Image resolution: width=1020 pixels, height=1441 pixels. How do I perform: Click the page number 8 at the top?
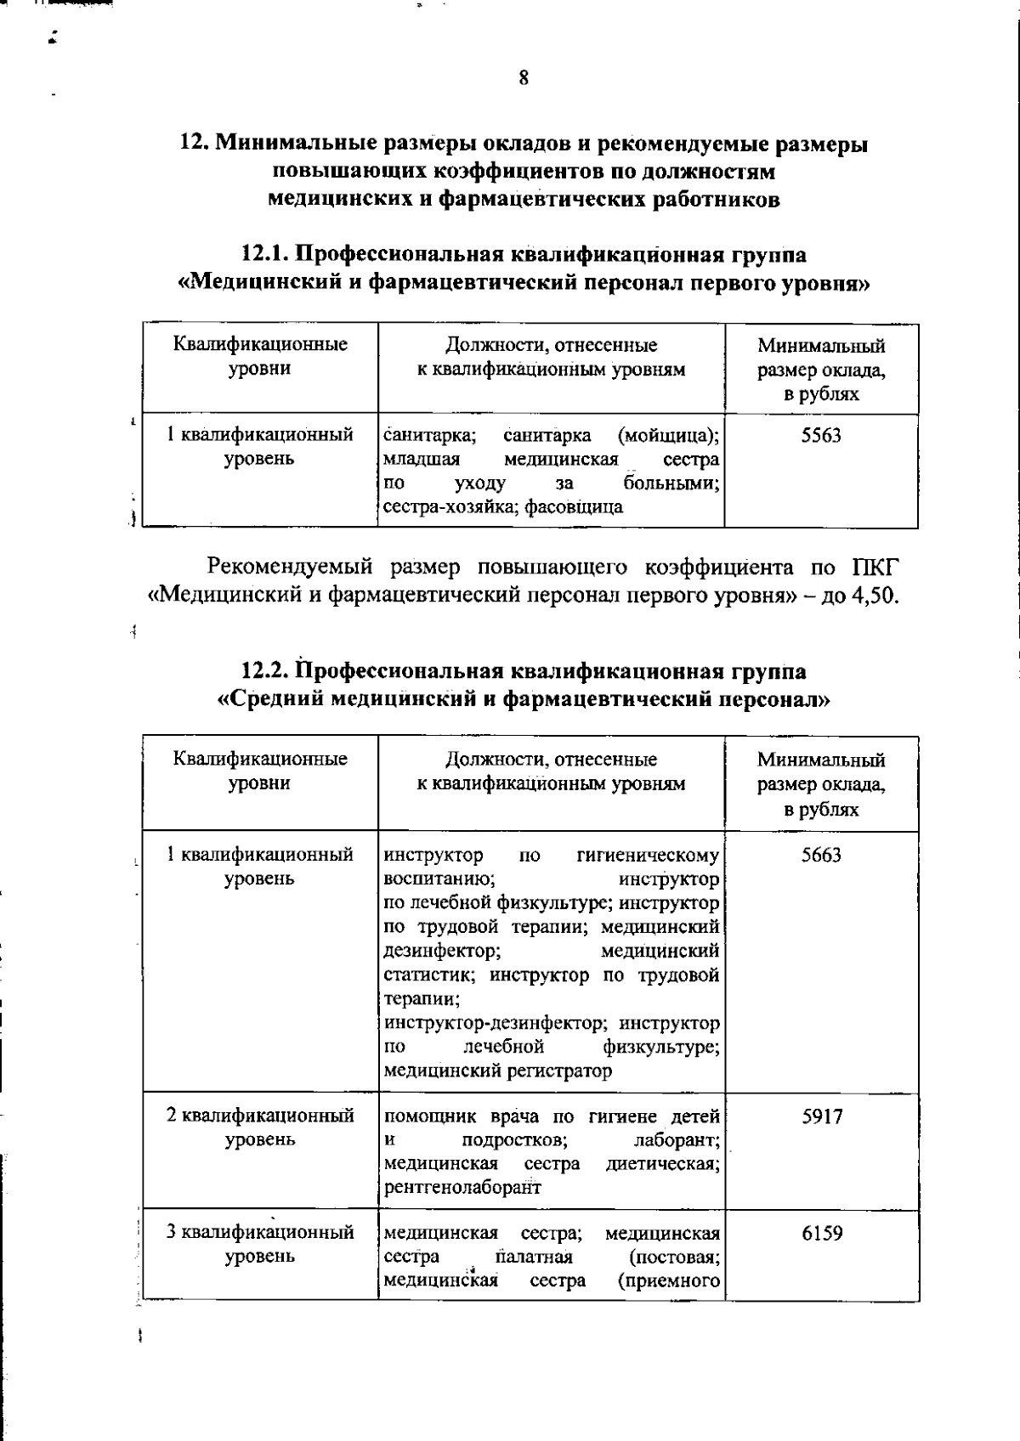coord(524,79)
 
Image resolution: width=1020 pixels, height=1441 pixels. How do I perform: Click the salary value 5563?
coord(821,436)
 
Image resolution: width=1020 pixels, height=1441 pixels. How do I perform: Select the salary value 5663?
coord(821,855)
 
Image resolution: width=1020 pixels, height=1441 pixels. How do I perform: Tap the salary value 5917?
coord(822,1116)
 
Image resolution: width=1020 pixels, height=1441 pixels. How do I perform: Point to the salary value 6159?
coord(822,1233)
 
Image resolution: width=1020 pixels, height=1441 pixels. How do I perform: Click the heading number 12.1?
coord(266,254)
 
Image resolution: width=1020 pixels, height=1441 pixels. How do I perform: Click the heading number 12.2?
coord(266,670)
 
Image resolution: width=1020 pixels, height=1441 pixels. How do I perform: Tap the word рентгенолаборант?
coord(462,1187)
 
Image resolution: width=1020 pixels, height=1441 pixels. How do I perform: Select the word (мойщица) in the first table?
coord(669,436)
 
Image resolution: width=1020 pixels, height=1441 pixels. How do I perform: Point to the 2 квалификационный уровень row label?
coord(260,1127)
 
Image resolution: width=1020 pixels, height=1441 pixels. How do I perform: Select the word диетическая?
coord(663,1163)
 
